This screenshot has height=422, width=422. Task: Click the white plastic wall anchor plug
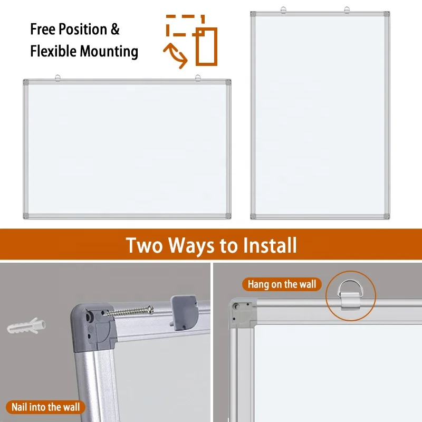(x=26, y=326)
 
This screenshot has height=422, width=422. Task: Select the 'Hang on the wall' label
(x=282, y=285)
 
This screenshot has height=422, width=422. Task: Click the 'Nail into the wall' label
(x=46, y=407)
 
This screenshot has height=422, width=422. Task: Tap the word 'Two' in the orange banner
(x=145, y=245)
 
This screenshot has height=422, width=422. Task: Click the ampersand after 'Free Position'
(x=115, y=29)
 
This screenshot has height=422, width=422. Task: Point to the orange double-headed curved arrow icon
(x=176, y=56)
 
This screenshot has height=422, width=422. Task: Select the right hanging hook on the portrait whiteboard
(x=347, y=9)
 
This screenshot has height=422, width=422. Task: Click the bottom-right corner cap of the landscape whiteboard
(x=228, y=216)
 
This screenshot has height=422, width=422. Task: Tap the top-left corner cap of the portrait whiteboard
(x=253, y=14)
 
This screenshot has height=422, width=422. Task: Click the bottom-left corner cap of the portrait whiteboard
(x=253, y=216)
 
